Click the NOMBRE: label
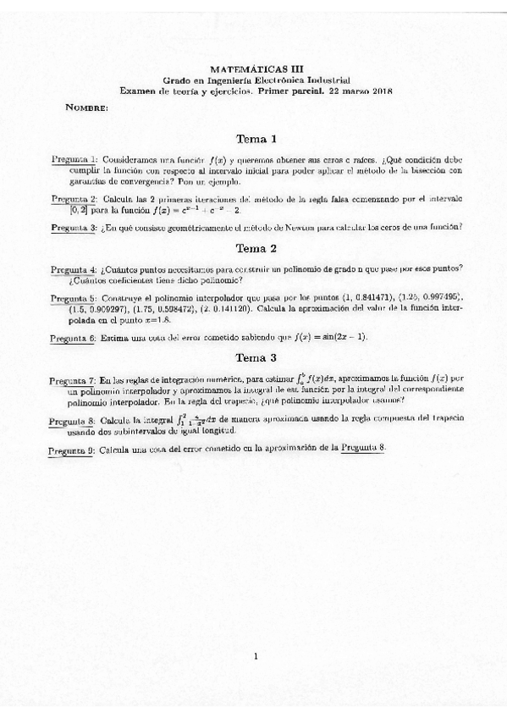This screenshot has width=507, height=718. point(85,108)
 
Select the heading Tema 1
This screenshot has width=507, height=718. point(256,139)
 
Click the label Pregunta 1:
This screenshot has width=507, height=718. point(74,159)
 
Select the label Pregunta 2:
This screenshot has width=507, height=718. point(74,199)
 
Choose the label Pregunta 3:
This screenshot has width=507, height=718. point(74,227)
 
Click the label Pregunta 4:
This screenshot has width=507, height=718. point(74,269)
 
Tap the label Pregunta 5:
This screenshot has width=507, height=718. point(74,299)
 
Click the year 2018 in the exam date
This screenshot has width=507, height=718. point(380,91)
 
